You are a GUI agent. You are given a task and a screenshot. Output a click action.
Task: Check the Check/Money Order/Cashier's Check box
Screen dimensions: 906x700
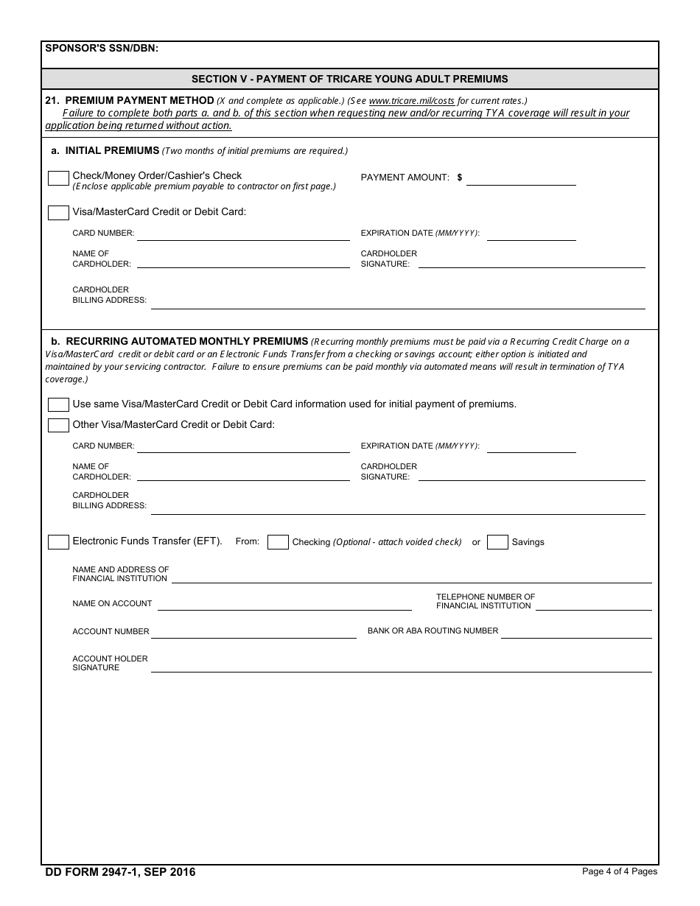pyautogui.click(x=58, y=178)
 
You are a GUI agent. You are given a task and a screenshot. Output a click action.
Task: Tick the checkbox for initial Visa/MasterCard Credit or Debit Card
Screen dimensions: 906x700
pyautogui.click(x=58, y=213)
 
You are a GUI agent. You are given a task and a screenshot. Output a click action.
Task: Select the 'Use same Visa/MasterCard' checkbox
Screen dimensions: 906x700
pyautogui.click(x=58, y=404)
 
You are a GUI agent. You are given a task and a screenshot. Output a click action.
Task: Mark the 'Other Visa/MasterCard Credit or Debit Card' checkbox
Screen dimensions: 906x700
pyautogui.click(x=58, y=425)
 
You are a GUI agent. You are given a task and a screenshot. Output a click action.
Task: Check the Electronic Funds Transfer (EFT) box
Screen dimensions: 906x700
pyautogui.click(x=58, y=542)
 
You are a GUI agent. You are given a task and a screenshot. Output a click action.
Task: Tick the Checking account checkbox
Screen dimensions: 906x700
pyautogui.click(x=278, y=542)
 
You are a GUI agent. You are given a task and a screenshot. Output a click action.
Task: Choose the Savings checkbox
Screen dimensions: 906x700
pyautogui.click(x=498, y=542)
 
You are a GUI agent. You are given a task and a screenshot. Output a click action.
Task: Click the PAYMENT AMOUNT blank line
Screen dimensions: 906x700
pyautogui.click(x=521, y=179)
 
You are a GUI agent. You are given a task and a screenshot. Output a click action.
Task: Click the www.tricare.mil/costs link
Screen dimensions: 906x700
pyautogui.click(x=411, y=100)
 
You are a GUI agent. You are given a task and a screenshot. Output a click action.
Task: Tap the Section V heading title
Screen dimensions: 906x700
pyautogui.click(x=350, y=79)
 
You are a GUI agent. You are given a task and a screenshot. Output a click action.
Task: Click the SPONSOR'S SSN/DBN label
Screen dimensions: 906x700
pyautogui.click(x=102, y=49)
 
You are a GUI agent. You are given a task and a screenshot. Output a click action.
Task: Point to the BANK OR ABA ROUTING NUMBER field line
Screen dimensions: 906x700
pyautogui.click(x=576, y=632)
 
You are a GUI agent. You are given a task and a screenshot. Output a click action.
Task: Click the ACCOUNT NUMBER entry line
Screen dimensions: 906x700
pyautogui.click(x=253, y=632)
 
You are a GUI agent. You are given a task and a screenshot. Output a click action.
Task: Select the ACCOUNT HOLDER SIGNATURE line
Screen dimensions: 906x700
pyautogui.click(x=401, y=666)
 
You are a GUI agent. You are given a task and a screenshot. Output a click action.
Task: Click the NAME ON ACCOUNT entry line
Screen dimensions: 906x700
pyautogui.click(x=284, y=604)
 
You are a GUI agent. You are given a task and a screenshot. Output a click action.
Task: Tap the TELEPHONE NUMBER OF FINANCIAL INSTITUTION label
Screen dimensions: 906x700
pyautogui.click(x=485, y=601)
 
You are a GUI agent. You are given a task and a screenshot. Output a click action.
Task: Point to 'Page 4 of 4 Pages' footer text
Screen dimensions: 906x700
pyautogui.click(x=619, y=871)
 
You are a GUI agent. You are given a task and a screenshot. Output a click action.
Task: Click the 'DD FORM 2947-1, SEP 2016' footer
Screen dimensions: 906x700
pyautogui.click(x=121, y=872)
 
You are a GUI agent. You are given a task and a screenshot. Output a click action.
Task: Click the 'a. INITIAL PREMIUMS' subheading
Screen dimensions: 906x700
pyautogui.click(x=112, y=150)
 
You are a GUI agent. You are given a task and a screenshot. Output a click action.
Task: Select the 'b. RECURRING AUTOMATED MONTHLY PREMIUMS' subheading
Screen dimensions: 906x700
pyautogui.click(x=186, y=341)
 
